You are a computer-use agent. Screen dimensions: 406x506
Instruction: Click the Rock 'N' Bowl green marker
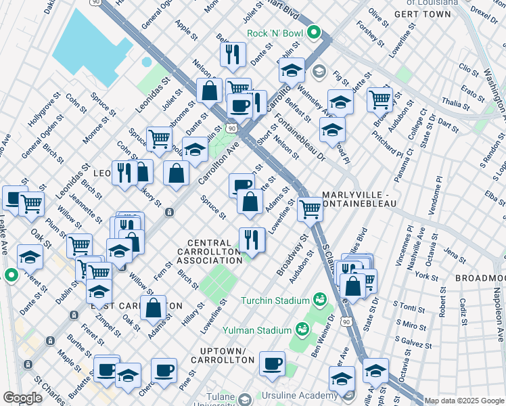(x=314, y=32)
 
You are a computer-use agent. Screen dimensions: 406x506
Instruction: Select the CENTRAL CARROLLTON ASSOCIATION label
(x=214, y=252)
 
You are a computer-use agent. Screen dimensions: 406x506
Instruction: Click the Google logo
(x=22, y=397)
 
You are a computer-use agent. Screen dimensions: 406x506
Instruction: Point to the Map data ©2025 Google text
(x=463, y=401)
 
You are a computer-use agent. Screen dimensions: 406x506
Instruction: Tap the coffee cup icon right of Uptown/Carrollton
(x=272, y=363)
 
